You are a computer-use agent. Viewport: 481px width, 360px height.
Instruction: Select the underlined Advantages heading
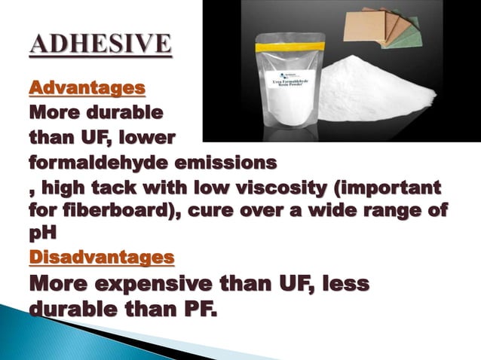pyautogui.click(x=87, y=89)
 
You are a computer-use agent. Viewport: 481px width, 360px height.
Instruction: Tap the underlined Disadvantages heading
pyautogui.click(x=102, y=258)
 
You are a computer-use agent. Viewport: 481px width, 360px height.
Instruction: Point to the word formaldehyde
pyautogui.click(x=112, y=163)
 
